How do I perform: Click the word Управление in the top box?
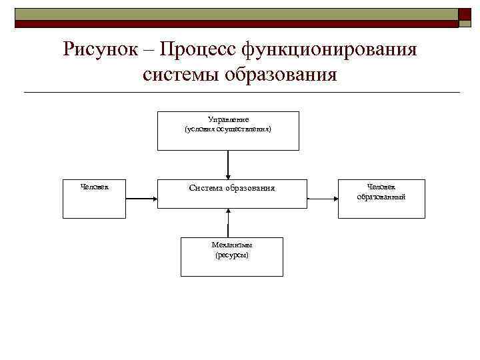tap(228, 119)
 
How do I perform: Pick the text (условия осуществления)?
tap(228, 129)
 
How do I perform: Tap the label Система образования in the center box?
tap(232, 188)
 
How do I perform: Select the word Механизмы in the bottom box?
tap(232, 245)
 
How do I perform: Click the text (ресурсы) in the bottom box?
tap(232, 255)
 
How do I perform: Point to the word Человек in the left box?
tap(95, 187)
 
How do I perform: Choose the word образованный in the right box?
tap(381, 197)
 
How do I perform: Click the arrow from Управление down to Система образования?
tap(228, 164)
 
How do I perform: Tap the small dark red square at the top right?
tap(465, 16)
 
